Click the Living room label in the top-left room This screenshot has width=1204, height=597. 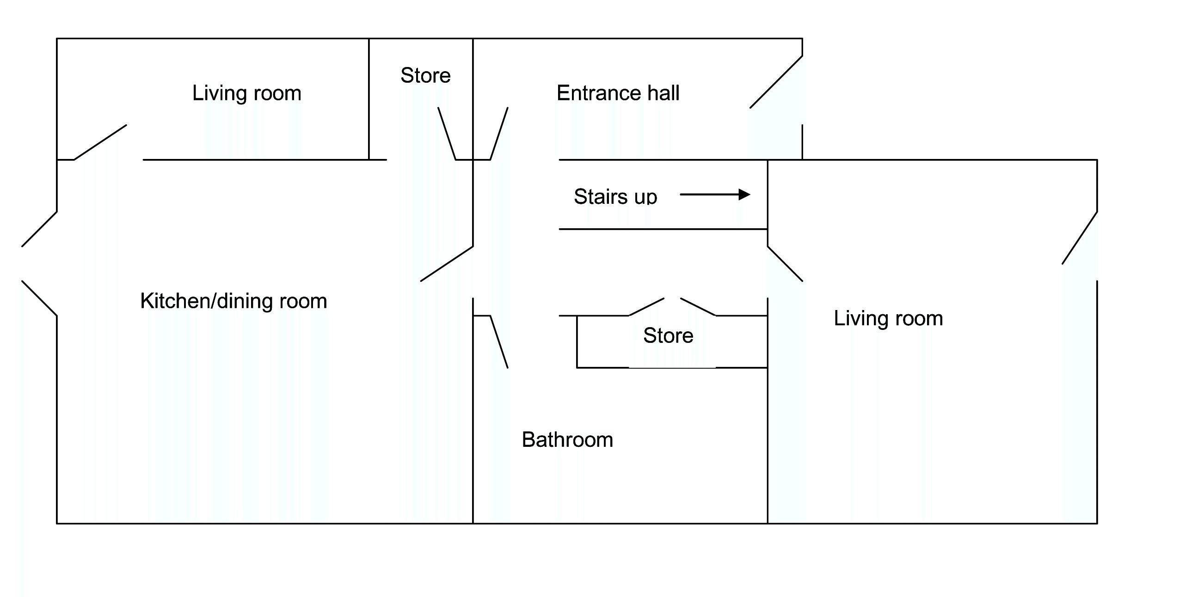coord(246,93)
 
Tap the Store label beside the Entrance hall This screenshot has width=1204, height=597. coord(425,76)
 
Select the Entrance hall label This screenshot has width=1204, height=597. coord(617,93)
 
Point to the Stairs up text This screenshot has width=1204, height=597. coord(615,197)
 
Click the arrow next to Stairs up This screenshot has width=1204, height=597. coord(715,195)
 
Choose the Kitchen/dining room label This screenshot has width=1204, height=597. coord(233,301)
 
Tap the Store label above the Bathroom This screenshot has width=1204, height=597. coord(668,335)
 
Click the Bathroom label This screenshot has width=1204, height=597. coord(567,440)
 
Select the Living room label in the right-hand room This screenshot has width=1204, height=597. coord(888,318)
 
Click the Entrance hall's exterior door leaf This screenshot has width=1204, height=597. coord(776,82)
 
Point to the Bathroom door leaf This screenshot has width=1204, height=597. coord(499,342)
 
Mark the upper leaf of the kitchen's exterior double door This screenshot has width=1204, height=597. coord(39,229)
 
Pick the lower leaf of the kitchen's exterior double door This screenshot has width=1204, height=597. coord(39,298)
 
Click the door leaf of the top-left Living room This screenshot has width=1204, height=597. coord(100,142)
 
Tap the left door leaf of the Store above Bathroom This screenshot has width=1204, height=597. coord(646,307)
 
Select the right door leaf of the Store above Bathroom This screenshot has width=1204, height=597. coord(698,307)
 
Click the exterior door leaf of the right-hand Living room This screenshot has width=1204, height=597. coord(1080,238)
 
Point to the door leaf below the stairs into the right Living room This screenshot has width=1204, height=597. coord(785,264)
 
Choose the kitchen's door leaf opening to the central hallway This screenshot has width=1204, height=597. coord(447,264)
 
